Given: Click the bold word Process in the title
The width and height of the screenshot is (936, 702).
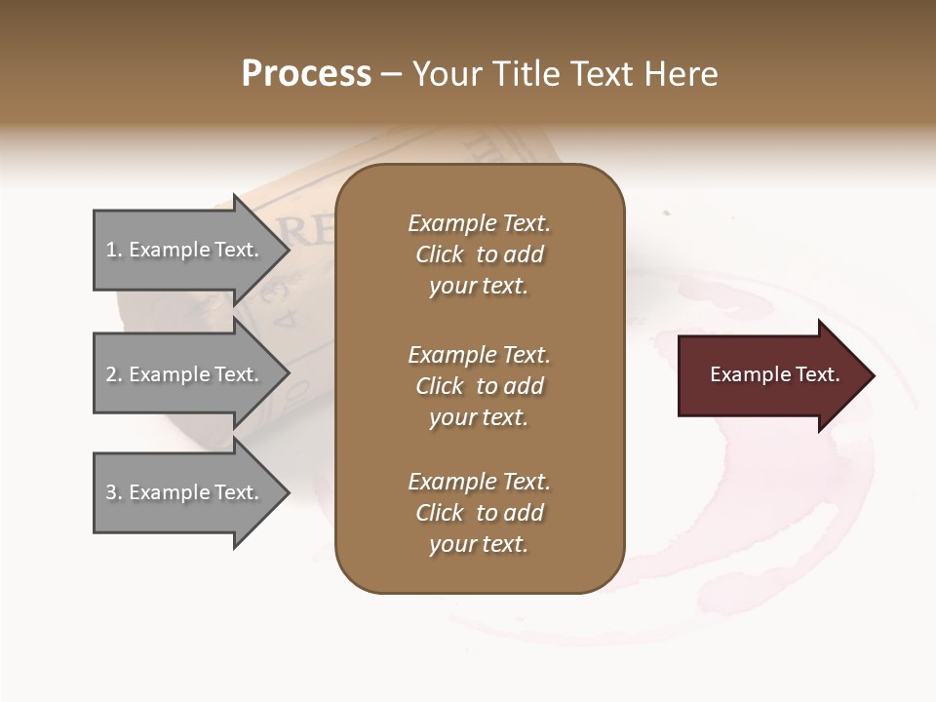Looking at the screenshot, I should click(x=306, y=74).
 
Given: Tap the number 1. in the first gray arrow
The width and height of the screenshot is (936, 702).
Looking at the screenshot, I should click(x=114, y=250).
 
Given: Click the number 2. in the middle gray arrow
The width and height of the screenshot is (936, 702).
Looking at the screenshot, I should click(x=114, y=374).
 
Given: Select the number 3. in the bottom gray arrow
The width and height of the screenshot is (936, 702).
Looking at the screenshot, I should click(x=114, y=492).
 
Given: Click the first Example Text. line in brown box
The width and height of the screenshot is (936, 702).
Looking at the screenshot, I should click(x=479, y=223).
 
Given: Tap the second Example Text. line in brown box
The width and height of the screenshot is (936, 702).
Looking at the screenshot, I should click(x=479, y=354).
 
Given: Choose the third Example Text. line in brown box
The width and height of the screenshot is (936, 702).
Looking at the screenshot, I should click(x=479, y=482).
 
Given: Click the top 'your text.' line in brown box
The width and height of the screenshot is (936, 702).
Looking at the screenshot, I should click(x=479, y=287).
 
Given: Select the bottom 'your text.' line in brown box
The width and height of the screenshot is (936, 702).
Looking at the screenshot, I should click(x=479, y=545).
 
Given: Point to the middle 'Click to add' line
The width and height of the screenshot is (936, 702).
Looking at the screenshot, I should click(x=479, y=386).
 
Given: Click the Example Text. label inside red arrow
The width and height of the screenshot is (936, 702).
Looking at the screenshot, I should click(x=774, y=374).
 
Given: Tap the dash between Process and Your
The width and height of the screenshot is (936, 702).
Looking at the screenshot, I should click(x=391, y=75).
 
